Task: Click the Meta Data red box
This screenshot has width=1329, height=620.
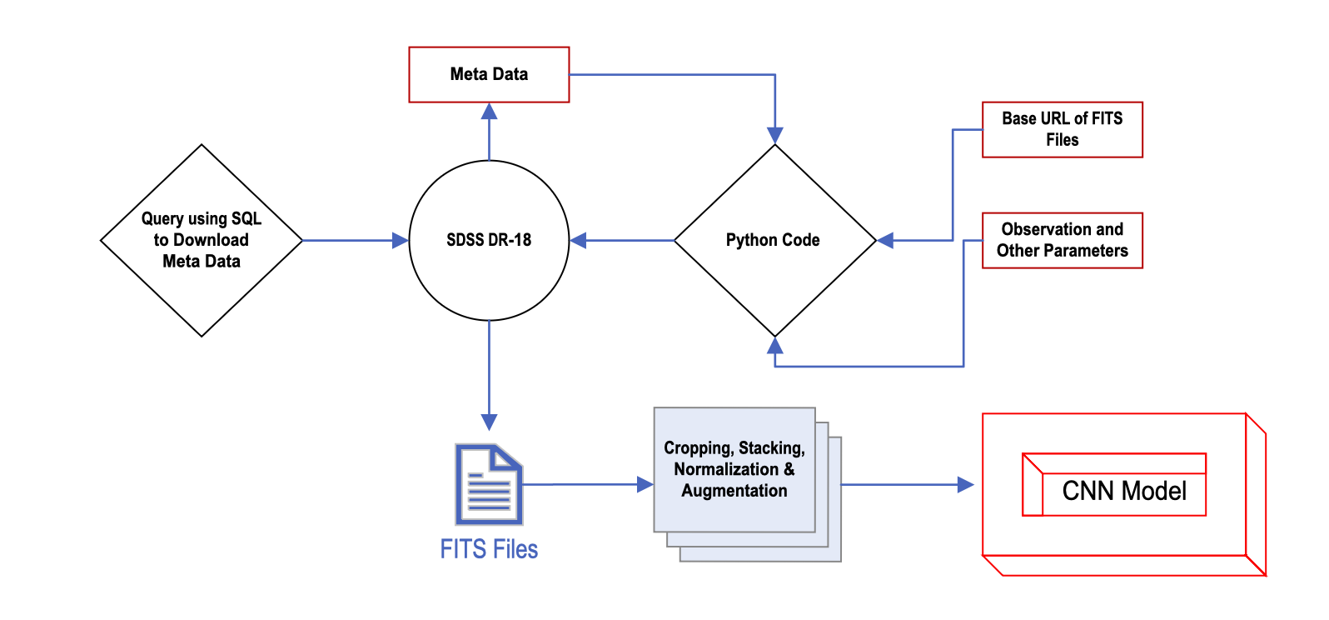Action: pyautogui.click(x=489, y=75)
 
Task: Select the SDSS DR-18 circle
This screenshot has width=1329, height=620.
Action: pyautogui.click(x=489, y=240)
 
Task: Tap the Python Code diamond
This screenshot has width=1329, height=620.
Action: pyautogui.click(x=774, y=240)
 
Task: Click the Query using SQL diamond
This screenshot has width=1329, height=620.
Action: pyautogui.click(x=202, y=240)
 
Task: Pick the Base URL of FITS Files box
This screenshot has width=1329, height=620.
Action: pyautogui.click(x=1062, y=129)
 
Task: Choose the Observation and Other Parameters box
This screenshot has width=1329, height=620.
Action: pyautogui.click(x=1062, y=240)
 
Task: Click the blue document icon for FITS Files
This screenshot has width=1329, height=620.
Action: pyautogui.click(x=489, y=484)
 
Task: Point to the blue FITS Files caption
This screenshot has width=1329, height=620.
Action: pyautogui.click(x=489, y=549)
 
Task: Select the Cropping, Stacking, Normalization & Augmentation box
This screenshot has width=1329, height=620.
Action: pyautogui.click(x=734, y=470)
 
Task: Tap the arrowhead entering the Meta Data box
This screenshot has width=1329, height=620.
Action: pyautogui.click(x=489, y=111)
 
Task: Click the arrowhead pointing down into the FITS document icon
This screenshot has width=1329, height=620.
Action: pyautogui.click(x=489, y=422)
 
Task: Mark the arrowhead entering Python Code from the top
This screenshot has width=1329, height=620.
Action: pyautogui.click(x=775, y=136)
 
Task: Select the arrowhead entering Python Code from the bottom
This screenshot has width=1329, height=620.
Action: pyautogui.click(x=775, y=344)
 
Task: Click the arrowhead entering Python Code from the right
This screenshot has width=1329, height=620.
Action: pyautogui.click(x=886, y=241)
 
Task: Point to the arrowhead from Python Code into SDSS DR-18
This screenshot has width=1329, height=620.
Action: pyautogui.click(x=578, y=241)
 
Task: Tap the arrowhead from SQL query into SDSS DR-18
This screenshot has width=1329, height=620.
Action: pyautogui.click(x=400, y=241)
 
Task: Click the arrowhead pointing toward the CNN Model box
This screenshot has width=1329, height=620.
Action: pyautogui.click(x=965, y=484)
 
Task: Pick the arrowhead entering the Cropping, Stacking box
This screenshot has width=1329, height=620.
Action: pyautogui.click(x=645, y=484)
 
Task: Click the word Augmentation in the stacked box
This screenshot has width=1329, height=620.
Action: pyautogui.click(x=734, y=491)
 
